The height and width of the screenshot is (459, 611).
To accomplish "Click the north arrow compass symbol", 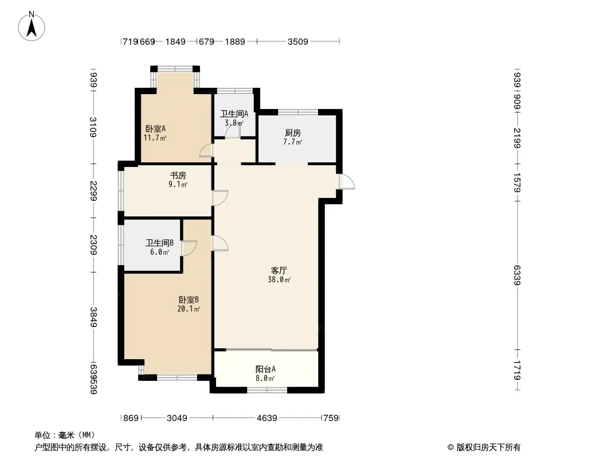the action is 32,26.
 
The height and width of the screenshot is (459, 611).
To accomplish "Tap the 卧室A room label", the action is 155,129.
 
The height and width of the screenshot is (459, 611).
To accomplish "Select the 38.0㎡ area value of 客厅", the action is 279,279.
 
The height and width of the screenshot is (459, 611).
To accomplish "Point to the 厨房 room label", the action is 293,133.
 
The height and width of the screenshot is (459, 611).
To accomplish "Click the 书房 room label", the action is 178,175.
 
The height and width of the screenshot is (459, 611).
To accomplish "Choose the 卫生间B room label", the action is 160,243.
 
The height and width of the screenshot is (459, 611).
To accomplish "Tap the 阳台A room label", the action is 265,368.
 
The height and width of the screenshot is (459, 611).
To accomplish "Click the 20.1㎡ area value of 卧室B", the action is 189,309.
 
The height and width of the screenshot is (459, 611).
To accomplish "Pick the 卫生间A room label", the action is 234,114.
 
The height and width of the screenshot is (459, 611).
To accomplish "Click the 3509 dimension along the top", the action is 297,41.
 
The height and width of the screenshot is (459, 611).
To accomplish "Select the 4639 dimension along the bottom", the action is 267,418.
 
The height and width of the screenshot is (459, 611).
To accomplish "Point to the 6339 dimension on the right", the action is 516,275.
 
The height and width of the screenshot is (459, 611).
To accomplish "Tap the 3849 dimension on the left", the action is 93,317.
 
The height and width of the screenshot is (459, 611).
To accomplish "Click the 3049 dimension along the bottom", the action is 177,418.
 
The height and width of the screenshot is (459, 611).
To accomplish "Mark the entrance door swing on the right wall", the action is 346,182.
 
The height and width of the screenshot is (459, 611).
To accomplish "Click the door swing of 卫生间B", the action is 189,248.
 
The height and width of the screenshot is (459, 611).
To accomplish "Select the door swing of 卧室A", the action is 206,150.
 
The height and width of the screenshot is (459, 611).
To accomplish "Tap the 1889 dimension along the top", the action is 235,41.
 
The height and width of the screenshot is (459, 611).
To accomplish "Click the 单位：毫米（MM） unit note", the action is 65,435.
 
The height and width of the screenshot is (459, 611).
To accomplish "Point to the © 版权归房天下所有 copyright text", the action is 484,448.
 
